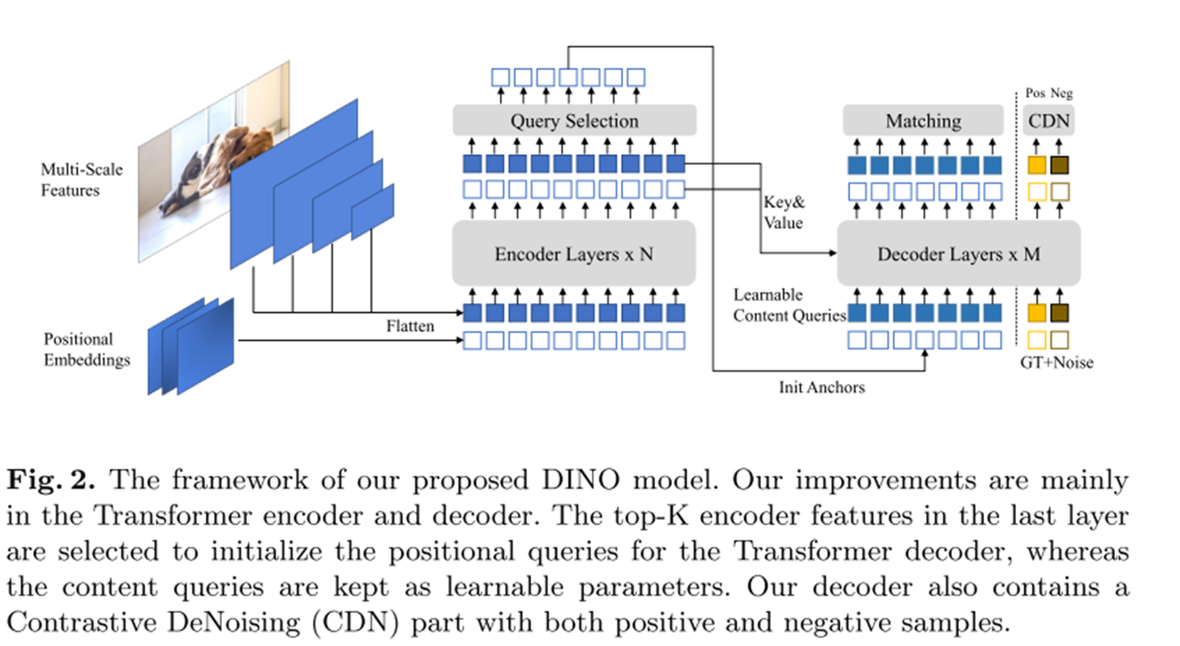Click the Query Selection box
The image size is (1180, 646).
(573, 121)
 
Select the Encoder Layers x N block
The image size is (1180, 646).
(573, 254)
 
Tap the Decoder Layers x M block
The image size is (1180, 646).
(958, 254)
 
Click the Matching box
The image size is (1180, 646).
(922, 121)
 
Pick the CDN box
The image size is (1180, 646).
(1048, 121)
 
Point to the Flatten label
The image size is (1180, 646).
(410, 326)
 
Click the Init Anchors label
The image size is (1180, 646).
(821, 387)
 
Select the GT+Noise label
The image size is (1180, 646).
(1057, 363)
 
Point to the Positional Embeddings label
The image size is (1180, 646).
(86, 349)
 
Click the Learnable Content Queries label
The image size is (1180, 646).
(788, 305)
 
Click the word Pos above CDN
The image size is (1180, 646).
(1036, 94)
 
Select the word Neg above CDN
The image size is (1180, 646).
(1061, 94)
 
